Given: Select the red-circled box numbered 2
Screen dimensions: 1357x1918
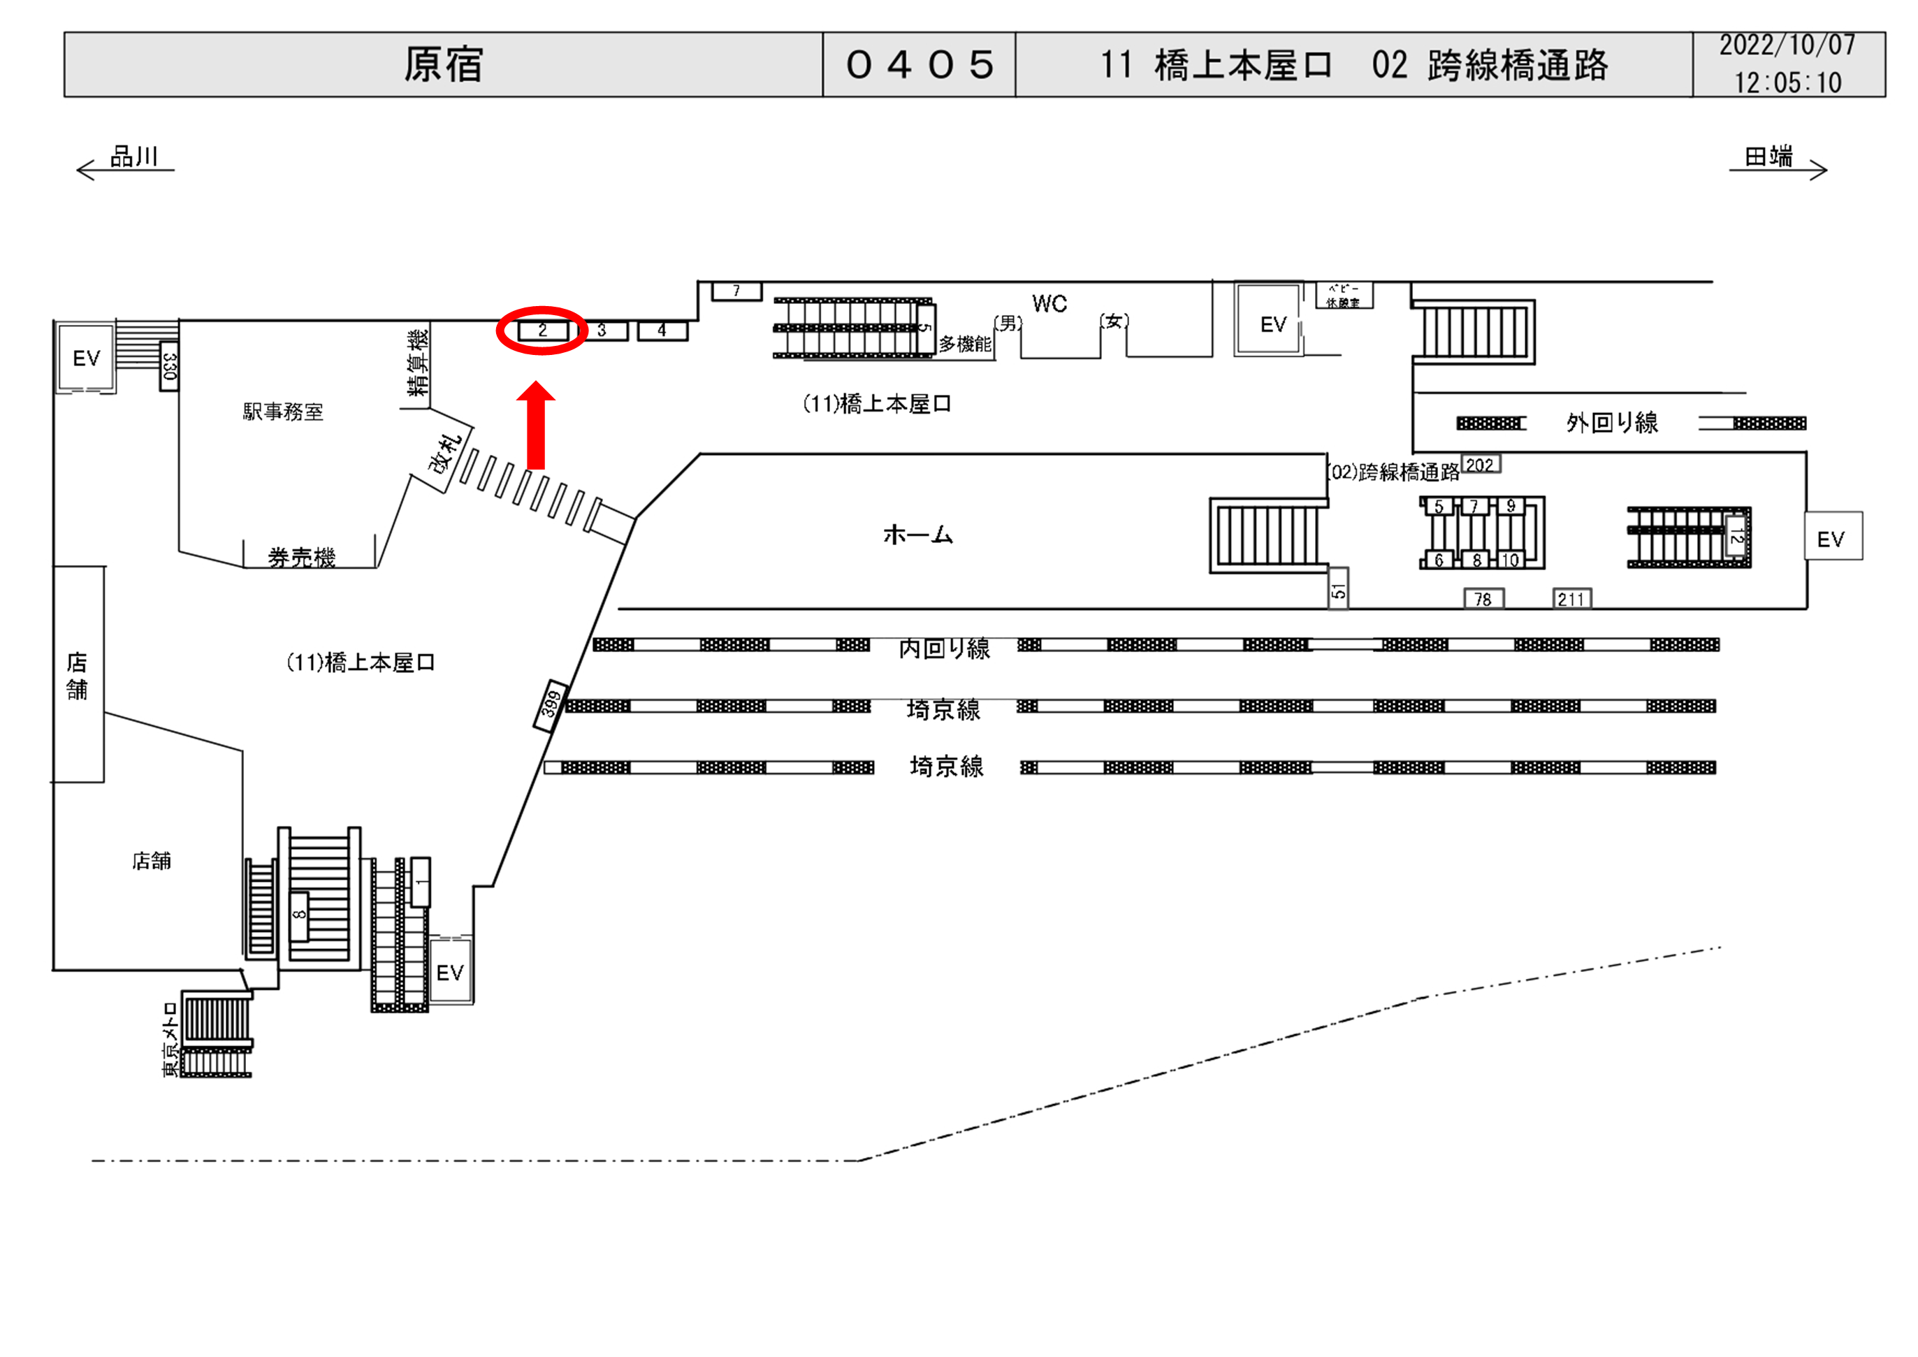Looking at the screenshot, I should (542, 330).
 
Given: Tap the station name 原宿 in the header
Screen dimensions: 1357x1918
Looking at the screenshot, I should (444, 64).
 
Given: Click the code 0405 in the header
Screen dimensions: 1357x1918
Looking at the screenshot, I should (920, 64).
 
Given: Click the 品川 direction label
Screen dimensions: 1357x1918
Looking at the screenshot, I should (133, 157).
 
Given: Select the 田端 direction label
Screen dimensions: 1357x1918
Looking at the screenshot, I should (1768, 157).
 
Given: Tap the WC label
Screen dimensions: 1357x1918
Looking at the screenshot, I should (1049, 303).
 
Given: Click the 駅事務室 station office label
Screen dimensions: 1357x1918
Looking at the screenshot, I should (282, 412).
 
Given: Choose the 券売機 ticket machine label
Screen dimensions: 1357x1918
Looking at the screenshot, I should (302, 558).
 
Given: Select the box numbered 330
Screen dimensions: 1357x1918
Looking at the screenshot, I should (170, 366).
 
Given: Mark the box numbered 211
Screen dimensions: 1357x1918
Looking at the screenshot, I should (1571, 599).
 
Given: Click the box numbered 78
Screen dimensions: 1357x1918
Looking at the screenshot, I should (1483, 599).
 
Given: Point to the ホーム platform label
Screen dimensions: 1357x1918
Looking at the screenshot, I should (917, 534).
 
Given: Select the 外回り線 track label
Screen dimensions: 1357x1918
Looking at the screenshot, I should (1611, 423).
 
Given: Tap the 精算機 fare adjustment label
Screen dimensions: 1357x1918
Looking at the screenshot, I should (417, 363).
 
